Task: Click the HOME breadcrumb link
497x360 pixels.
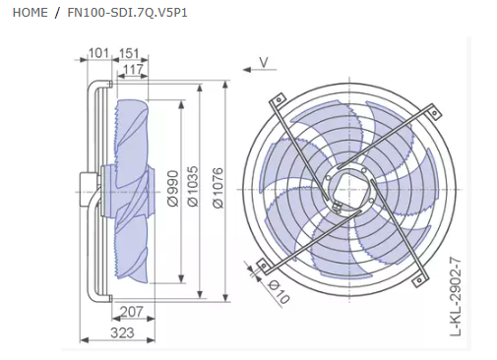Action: [x=30, y=13]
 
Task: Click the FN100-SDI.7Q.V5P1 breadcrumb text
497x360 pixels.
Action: [x=127, y=13]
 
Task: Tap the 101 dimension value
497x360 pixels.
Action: [x=98, y=53]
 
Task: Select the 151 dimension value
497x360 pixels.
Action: [x=129, y=53]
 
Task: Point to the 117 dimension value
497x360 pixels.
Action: [x=134, y=69]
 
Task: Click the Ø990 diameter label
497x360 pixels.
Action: [x=173, y=188]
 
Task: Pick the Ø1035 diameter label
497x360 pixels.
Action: [x=193, y=186]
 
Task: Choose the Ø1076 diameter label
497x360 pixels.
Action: [x=217, y=188]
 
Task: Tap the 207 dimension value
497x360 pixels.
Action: [x=132, y=312]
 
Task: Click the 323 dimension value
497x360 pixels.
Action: [x=122, y=332]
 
